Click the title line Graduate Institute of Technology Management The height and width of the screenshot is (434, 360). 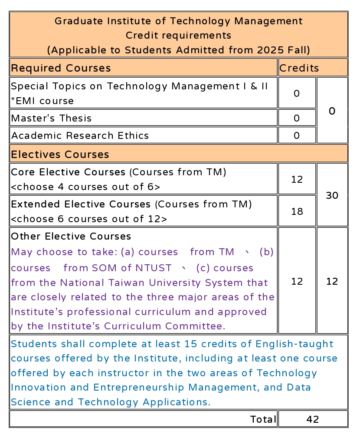point(178,21)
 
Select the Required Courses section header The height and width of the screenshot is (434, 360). point(61,68)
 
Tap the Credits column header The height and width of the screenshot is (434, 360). point(299,68)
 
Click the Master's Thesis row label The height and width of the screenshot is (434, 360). point(51,118)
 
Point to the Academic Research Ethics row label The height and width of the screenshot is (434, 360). point(80,135)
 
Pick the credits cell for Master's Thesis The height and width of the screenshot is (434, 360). point(297,118)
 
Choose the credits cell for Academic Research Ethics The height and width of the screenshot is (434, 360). point(297,135)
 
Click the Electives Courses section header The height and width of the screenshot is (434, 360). point(60,154)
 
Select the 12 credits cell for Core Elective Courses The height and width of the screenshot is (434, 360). point(297,179)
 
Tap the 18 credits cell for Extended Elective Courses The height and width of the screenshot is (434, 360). point(297,211)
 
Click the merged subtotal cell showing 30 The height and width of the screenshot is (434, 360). point(332,195)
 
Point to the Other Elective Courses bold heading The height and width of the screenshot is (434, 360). point(71,237)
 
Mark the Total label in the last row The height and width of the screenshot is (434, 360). point(263,419)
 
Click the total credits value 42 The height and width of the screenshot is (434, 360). point(312,419)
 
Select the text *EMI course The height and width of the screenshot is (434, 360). point(42,101)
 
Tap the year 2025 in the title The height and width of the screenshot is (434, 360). point(269,50)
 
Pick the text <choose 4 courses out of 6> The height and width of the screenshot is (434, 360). point(85,187)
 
